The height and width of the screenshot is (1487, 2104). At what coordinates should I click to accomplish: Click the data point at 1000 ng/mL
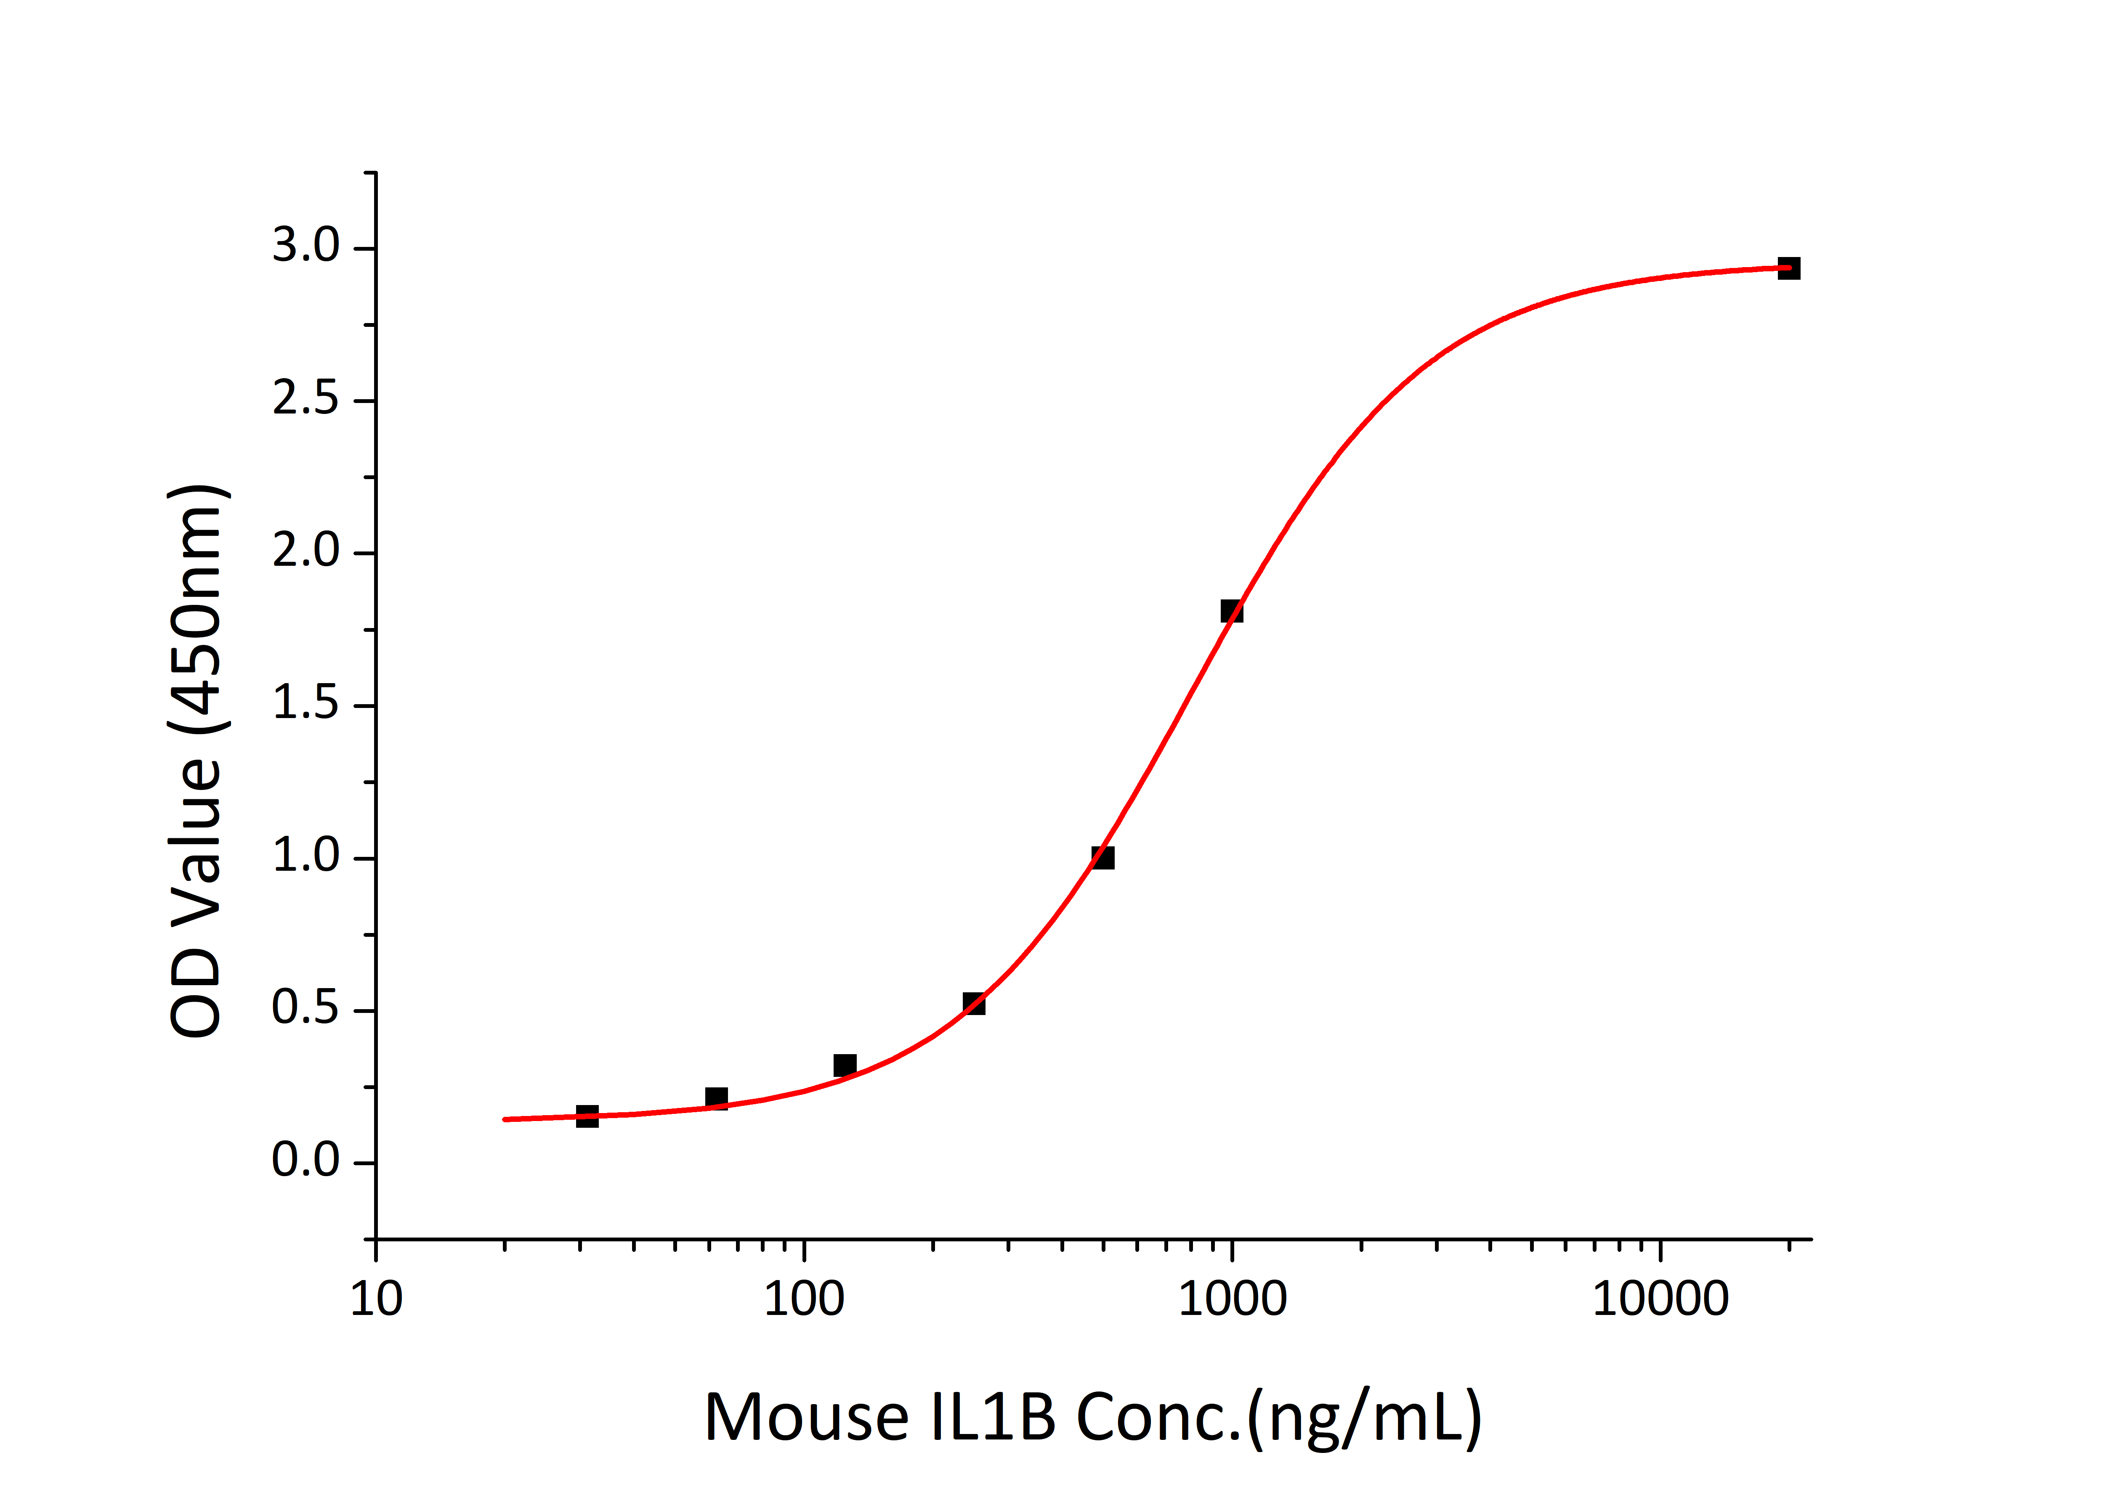click(1232, 611)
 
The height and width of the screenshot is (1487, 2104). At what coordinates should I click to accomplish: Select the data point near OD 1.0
click(1103, 858)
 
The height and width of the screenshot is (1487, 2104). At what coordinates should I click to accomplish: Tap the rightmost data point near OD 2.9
click(1789, 268)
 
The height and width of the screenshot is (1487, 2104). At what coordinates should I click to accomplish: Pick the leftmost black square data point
click(587, 1116)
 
